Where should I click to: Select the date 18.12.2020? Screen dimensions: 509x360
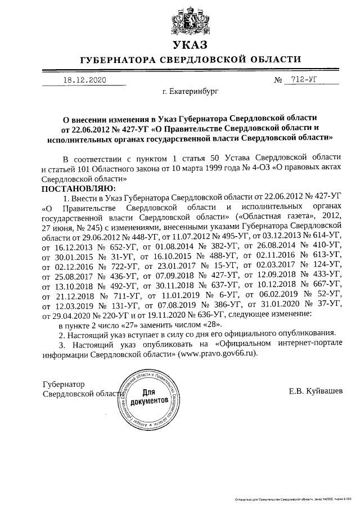point(84,80)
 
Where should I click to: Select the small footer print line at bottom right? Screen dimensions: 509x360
point(293,499)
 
